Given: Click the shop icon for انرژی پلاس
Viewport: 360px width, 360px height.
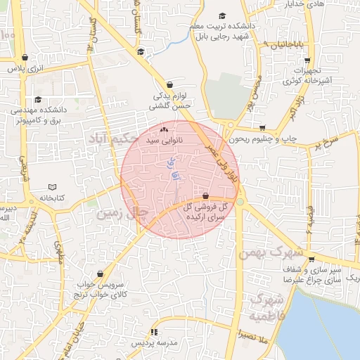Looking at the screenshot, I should (25, 58).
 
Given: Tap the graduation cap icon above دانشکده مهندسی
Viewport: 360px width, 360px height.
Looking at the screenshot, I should (38, 99).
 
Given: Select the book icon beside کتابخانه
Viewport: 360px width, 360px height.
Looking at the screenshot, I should (51, 187).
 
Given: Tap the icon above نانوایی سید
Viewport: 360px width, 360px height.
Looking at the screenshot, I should (165, 130).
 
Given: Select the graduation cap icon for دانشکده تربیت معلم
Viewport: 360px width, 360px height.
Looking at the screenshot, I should (222, 15).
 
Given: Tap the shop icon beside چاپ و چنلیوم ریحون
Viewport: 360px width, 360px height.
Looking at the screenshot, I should (263, 129).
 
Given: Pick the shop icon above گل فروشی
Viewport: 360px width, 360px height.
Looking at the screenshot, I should (205, 196).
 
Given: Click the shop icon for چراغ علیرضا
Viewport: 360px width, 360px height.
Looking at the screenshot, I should (310, 259).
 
